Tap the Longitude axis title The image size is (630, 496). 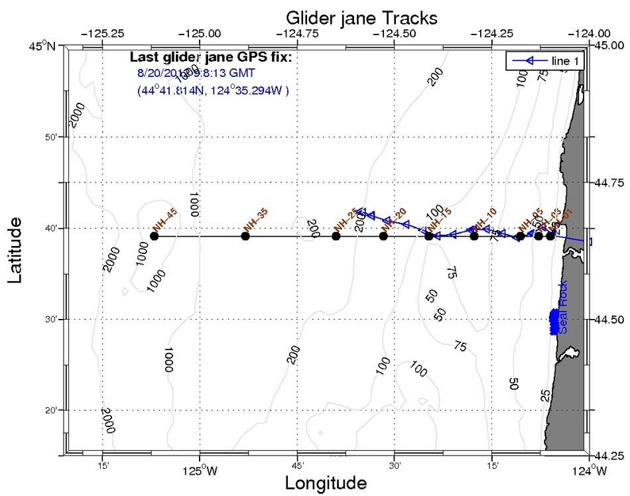click(x=326, y=483)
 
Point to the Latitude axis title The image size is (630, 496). click(x=17, y=246)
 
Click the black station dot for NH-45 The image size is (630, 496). click(x=155, y=236)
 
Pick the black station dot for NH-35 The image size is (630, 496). click(x=245, y=236)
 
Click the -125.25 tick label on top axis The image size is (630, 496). click(x=103, y=32)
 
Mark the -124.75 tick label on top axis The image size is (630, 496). click(x=297, y=32)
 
